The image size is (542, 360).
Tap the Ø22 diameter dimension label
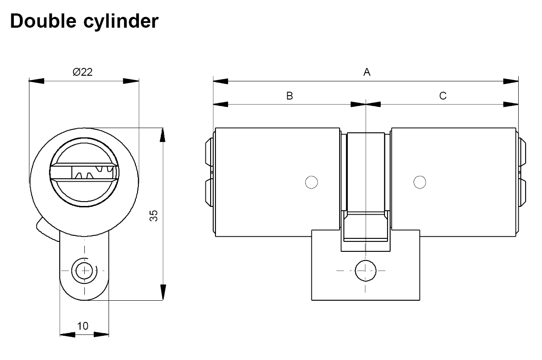(83, 72)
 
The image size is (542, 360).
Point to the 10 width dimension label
(83, 326)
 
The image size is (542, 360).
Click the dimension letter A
(367, 72)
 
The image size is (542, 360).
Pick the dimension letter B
(289, 96)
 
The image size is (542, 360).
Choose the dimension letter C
(443, 96)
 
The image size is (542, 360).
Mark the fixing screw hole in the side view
(365, 271)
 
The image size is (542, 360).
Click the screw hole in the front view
(84, 272)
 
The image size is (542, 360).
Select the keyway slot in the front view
(85, 173)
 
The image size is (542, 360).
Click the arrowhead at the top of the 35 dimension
(163, 135)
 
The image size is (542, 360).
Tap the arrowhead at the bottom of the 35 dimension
(163, 292)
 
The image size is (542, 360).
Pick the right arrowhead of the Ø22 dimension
(131, 81)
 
